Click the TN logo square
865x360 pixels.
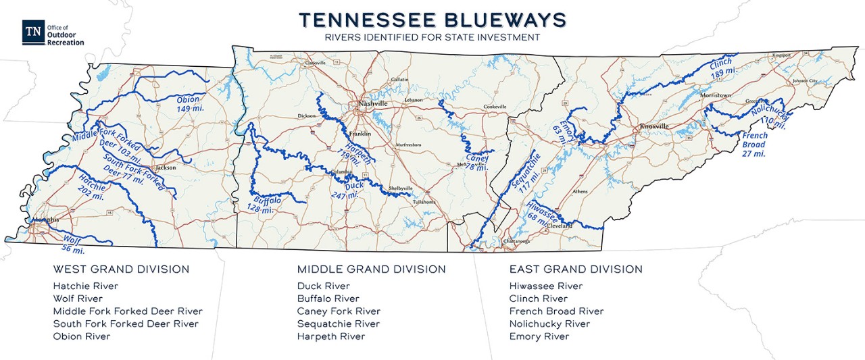pos(32,32)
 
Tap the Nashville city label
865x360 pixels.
pos(374,104)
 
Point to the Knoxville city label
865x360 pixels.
pos(654,126)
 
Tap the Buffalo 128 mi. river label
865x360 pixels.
pos(269,205)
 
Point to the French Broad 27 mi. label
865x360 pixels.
pos(753,145)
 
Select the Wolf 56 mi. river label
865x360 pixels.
pos(73,245)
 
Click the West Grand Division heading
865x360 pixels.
pos(121,269)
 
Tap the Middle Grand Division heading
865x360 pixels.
pos(371,269)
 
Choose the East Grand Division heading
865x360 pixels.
pos(575,269)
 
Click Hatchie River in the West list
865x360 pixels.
pos(85,286)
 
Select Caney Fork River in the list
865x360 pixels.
pos(339,311)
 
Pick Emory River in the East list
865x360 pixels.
pos(539,336)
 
